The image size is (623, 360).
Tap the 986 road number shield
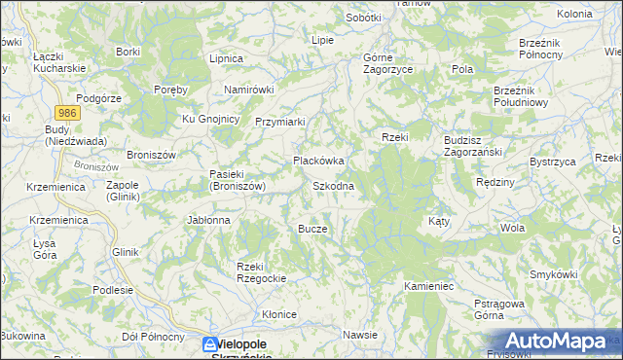67,114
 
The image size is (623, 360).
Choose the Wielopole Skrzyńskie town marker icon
209,344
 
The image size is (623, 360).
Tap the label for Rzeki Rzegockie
259,272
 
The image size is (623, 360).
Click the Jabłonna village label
208,220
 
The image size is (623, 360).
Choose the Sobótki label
364,18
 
